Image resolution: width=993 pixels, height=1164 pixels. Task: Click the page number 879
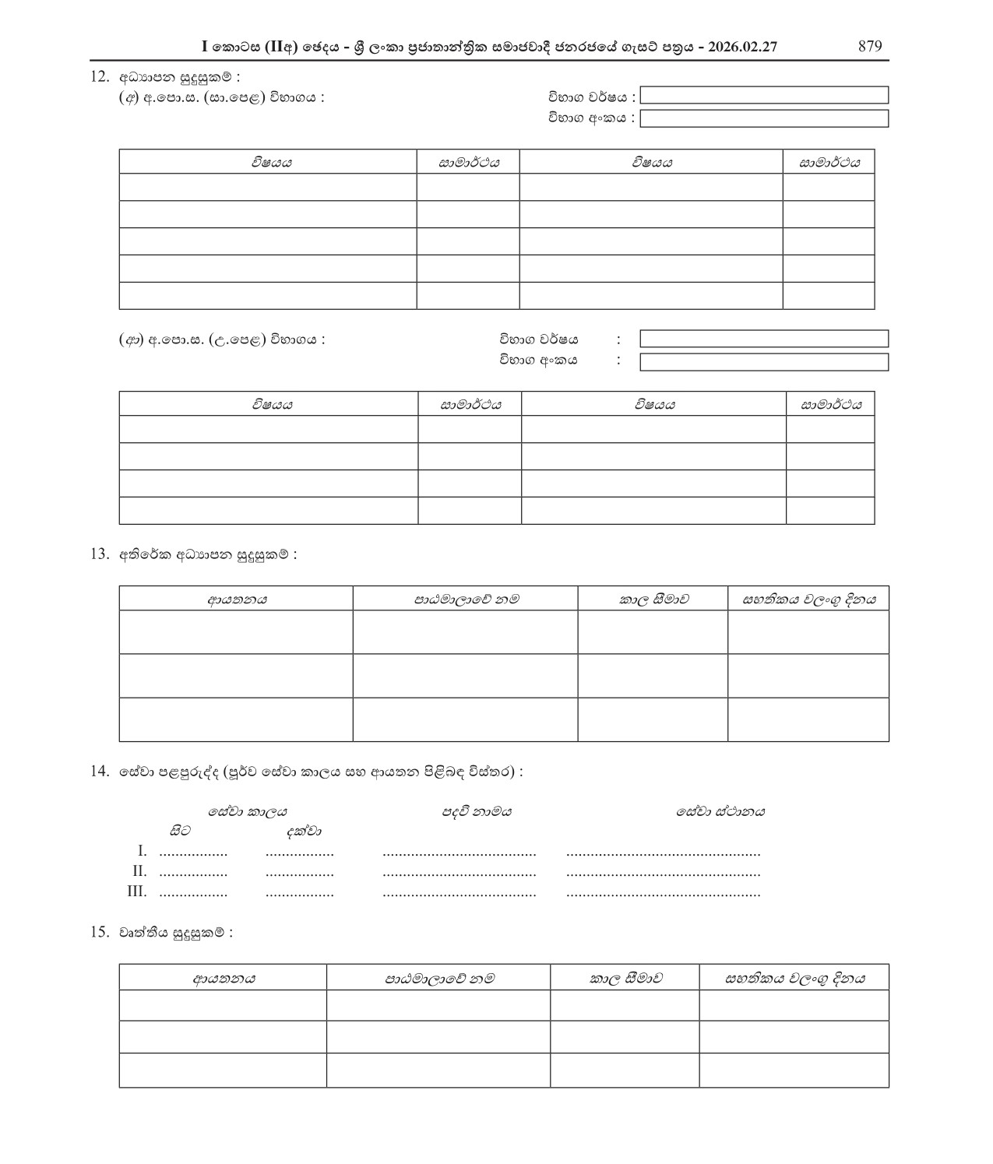click(x=869, y=46)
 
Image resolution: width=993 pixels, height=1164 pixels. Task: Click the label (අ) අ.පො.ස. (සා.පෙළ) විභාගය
click(x=221, y=97)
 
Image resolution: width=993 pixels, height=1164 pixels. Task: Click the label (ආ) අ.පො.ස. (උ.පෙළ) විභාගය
click(x=221, y=339)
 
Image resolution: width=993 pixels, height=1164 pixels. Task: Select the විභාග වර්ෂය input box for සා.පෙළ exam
click(x=763, y=96)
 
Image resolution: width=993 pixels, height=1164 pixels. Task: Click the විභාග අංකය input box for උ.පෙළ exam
click(x=763, y=362)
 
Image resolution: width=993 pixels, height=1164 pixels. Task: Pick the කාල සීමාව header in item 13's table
click(x=653, y=599)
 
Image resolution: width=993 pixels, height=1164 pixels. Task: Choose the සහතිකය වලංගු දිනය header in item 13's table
click(x=808, y=599)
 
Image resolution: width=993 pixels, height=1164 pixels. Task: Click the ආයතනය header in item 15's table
click(x=223, y=978)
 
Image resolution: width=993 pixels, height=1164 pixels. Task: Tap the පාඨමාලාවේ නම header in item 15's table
click(x=438, y=978)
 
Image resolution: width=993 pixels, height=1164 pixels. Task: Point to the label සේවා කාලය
click(x=248, y=811)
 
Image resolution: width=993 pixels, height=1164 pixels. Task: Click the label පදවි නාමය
click(x=477, y=811)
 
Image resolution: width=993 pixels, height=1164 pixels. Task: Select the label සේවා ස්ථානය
click(x=720, y=811)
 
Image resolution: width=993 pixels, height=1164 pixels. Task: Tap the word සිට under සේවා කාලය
click(x=179, y=832)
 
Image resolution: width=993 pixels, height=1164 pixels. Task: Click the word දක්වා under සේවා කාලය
click(x=303, y=832)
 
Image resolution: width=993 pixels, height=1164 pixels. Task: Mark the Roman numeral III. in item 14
click(x=136, y=891)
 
